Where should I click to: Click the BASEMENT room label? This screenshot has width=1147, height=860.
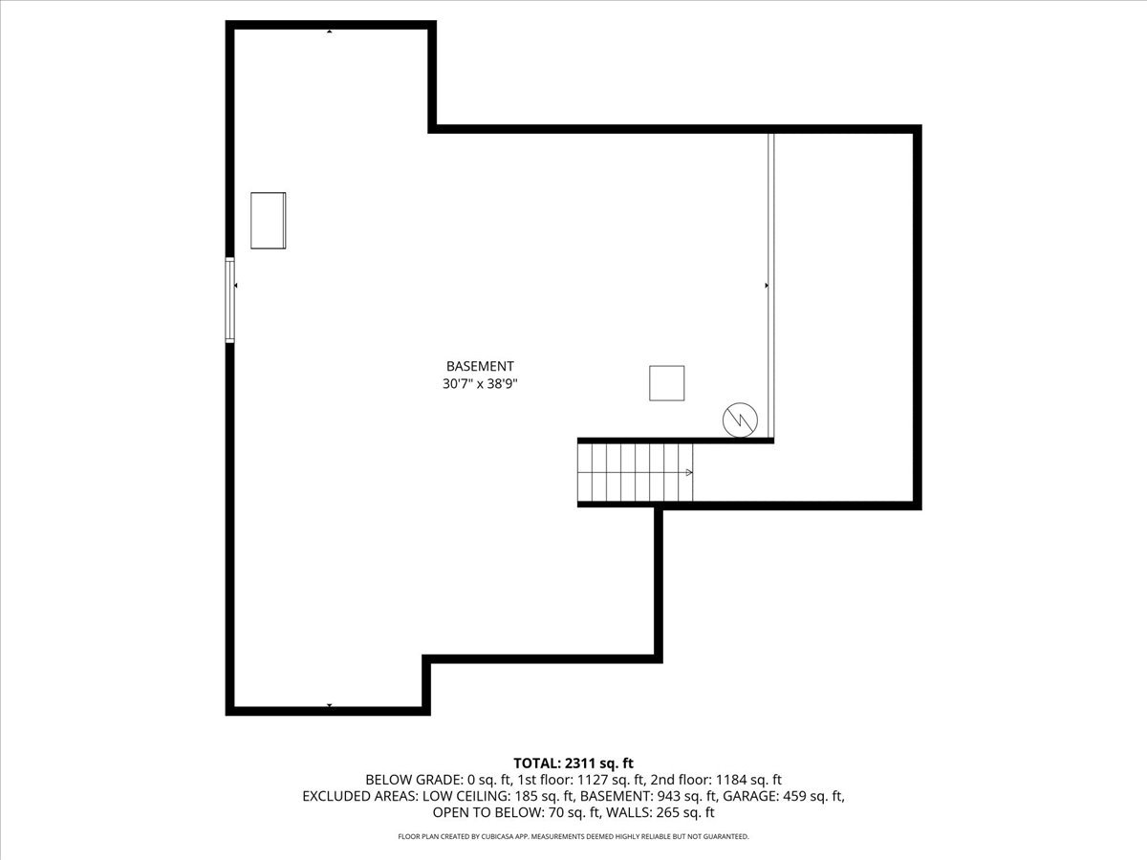[480, 366]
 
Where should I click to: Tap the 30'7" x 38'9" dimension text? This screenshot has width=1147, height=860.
[480, 384]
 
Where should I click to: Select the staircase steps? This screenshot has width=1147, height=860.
[631, 472]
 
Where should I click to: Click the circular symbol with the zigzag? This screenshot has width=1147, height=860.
[740, 419]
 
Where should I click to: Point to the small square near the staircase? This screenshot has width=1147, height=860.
[666, 383]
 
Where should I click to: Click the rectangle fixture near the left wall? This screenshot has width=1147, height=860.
[269, 221]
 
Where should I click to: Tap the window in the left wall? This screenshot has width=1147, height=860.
[229, 299]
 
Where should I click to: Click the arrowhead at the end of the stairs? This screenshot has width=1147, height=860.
[689, 472]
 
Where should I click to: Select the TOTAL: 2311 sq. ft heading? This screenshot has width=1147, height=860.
[573, 763]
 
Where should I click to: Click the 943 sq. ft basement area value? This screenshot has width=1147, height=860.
[687, 796]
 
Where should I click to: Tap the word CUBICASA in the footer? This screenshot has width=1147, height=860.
[522, 837]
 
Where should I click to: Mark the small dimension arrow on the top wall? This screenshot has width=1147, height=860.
[330, 32]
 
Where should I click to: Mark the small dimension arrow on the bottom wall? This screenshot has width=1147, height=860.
[330, 706]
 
